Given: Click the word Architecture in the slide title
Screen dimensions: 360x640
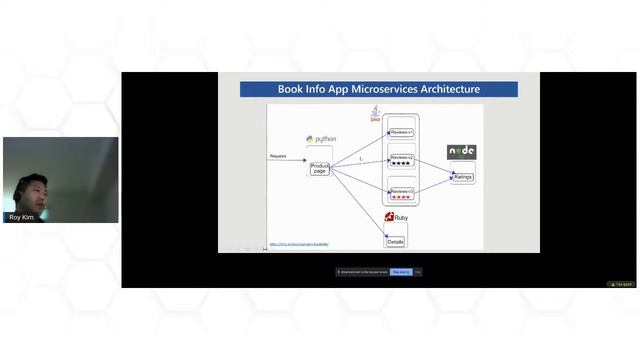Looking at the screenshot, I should (448, 89).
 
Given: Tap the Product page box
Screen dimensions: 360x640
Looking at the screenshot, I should (320, 169).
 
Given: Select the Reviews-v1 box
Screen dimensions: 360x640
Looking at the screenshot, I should (402, 132).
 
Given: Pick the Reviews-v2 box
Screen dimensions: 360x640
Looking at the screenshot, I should (402, 157).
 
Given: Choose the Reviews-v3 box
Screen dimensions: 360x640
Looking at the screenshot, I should (402, 191).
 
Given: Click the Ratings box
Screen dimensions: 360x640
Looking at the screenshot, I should (462, 177).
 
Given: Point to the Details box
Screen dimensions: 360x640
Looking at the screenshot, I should (396, 241).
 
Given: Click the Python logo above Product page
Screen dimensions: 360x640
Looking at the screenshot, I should (321, 139).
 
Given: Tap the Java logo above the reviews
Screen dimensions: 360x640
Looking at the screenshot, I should (376, 115).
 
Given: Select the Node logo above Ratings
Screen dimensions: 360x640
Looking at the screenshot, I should (461, 152).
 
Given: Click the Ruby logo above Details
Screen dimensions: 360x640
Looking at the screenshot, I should (396, 217).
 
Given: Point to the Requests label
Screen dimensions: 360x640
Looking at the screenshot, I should (278, 156).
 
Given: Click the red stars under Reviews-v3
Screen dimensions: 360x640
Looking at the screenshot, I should (402, 197).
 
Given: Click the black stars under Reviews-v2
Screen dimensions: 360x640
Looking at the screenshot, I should (402, 163).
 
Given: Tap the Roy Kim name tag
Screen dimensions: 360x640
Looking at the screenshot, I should (22, 217).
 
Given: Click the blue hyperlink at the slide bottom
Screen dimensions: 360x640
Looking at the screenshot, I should (299, 244).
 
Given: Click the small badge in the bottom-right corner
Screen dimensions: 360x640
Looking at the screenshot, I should (622, 284).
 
